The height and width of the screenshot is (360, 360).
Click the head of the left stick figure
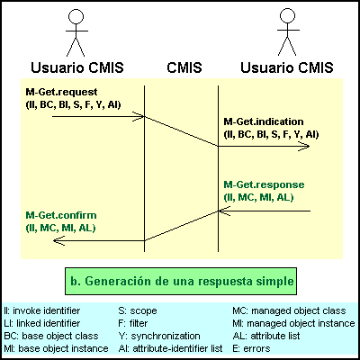pos(76,16)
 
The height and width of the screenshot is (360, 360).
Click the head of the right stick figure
pos(287,16)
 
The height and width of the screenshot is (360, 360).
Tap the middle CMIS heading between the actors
pos(184,67)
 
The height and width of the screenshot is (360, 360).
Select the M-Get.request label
pos(61,92)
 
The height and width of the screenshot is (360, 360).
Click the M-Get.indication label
pos(264,121)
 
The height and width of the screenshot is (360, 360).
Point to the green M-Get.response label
pos(264,184)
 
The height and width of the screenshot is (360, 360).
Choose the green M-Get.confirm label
pos(61,215)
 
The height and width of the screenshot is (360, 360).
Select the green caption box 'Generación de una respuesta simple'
pos(181,281)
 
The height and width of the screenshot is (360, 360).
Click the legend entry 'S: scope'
pos(138,310)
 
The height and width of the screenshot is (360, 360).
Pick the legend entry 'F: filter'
pos(133,323)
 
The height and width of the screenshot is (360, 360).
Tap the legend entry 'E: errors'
pos(251,348)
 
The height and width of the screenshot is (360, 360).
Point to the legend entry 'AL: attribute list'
pos(266,336)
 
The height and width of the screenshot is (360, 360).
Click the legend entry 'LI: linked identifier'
pos(42,323)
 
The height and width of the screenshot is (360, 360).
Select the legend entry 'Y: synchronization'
pos(159,336)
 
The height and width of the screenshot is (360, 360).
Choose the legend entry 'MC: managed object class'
pos(289,310)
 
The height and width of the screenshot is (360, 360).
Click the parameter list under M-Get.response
pos(258,198)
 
